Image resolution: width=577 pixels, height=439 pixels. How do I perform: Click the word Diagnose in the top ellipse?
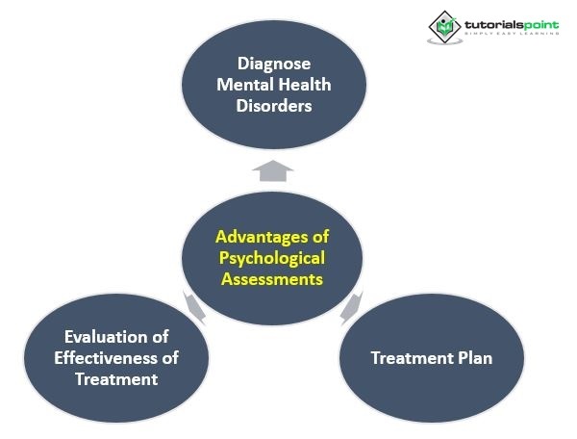click(275, 64)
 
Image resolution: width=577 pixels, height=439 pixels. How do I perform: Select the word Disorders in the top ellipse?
click(275, 106)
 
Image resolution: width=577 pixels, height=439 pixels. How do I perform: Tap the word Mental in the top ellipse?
click(242, 85)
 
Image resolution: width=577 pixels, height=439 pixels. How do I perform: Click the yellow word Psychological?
click(273, 258)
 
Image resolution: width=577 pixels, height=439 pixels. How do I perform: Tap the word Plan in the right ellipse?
click(471, 358)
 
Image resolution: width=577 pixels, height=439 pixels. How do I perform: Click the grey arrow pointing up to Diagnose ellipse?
click(274, 170)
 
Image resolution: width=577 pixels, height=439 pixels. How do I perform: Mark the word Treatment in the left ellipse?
click(116, 379)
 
